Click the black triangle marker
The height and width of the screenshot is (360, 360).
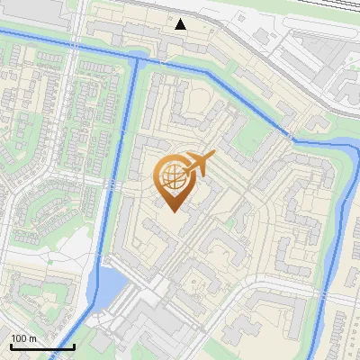coord(181,24)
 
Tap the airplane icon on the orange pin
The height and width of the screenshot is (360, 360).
coord(198,163)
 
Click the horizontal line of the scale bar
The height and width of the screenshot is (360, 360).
coord(42,346)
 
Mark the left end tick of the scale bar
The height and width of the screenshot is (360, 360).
coord(11,345)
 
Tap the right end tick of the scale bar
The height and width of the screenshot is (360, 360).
coord(74,345)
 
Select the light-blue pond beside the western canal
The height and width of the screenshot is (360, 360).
coord(108,286)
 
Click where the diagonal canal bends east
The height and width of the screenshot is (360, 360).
coord(292,139)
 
